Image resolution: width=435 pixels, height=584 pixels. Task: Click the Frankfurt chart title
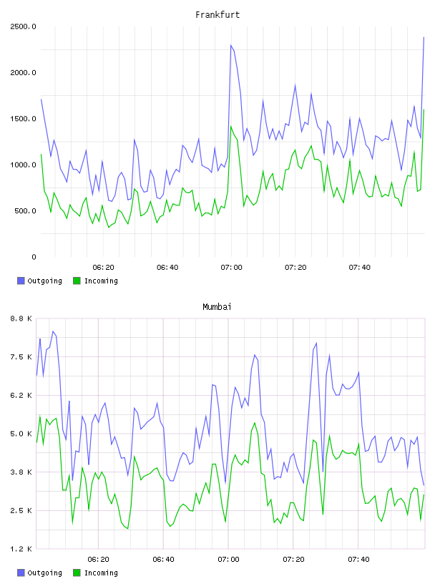tap(217, 15)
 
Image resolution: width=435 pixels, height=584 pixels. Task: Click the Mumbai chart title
tap(217, 307)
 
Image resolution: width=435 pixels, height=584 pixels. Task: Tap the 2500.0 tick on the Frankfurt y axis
tap(23, 26)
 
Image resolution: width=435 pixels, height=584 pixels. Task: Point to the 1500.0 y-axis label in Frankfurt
tap(23, 119)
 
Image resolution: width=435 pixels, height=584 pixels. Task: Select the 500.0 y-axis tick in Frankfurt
tap(25, 211)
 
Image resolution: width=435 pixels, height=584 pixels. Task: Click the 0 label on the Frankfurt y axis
tap(34, 257)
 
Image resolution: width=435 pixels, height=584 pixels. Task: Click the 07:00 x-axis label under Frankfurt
tap(231, 268)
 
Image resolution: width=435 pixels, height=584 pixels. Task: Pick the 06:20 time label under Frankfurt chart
tap(103, 268)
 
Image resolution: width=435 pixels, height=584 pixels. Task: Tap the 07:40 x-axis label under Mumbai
tap(358, 560)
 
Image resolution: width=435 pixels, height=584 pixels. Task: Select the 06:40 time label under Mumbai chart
tap(164, 560)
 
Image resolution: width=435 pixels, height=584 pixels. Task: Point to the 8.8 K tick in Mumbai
tap(21, 318)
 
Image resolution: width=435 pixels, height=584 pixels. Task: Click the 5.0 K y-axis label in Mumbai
tap(21, 434)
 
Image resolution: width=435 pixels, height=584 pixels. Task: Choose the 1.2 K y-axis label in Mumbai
tap(21, 549)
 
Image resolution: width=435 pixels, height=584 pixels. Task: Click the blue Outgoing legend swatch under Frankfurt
tap(21, 281)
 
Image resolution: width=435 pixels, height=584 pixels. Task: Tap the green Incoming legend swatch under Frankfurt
tap(77, 281)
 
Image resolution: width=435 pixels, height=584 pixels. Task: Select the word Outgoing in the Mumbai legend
tap(44, 573)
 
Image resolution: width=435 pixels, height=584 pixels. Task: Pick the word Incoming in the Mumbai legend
tap(101, 573)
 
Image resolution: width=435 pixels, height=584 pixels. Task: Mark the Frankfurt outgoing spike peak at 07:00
tap(231, 45)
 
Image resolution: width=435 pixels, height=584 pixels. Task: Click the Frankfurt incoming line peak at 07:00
tap(231, 126)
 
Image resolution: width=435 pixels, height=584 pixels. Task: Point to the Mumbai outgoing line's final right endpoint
tap(424, 485)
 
